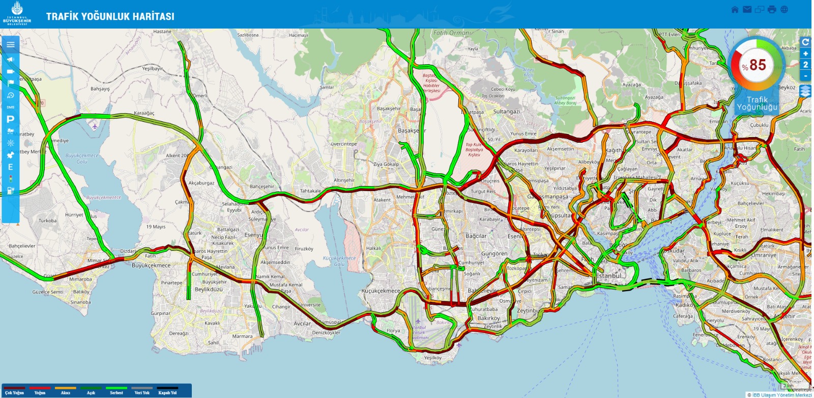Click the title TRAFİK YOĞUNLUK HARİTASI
[110, 16]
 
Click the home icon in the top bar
[735, 10]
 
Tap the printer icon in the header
[772, 10]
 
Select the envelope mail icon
[747, 10]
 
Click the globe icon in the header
[784, 10]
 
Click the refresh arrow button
[805, 42]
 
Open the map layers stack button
[805, 91]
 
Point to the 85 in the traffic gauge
[758, 65]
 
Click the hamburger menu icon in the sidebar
[11, 44]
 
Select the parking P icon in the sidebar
[10, 119]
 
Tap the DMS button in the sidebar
[10, 107]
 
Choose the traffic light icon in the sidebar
[10, 179]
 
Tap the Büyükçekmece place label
[151, 266]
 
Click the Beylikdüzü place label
[209, 289]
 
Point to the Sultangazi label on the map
[506, 112]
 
